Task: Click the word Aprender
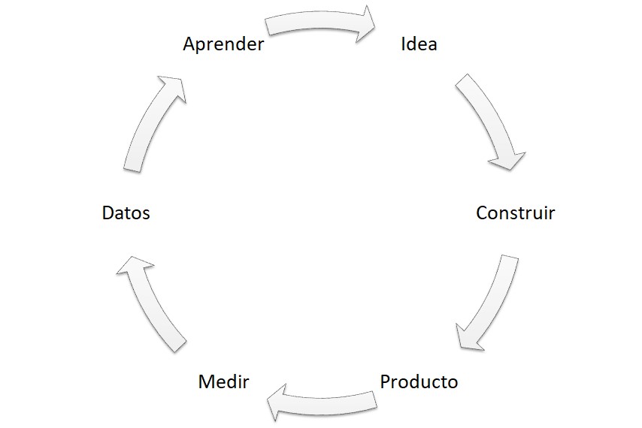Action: (223, 44)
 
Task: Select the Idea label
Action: (419, 44)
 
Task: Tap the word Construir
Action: (515, 212)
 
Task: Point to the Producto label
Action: (419, 381)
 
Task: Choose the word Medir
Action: (223, 381)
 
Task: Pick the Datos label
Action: (126, 213)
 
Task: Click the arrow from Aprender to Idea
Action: (319, 25)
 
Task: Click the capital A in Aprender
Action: (189, 44)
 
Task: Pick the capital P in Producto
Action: (386, 381)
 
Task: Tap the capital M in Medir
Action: (206, 381)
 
